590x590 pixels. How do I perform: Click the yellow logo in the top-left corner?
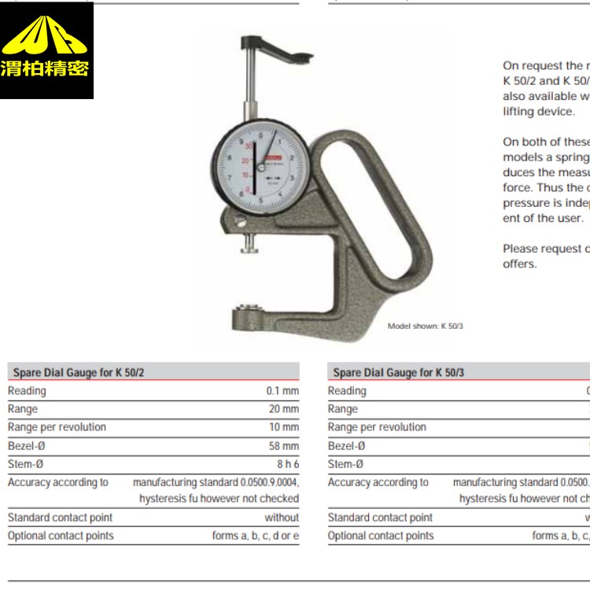pyautogui.click(x=47, y=50)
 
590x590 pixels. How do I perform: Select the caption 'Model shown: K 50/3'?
pyautogui.click(x=426, y=326)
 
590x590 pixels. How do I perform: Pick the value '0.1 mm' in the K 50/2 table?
pyautogui.click(x=282, y=391)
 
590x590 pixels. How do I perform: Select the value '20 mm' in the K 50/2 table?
pyautogui.click(x=284, y=409)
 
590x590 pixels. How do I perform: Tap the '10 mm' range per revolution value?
pyautogui.click(x=284, y=427)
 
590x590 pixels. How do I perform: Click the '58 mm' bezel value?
pyautogui.click(x=284, y=445)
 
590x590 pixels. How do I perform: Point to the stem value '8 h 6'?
pyautogui.click(x=287, y=463)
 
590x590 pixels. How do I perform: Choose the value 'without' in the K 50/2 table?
pyautogui.click(x=282, y=518)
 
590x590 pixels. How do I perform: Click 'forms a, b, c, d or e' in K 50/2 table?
pyautogui.click(x=255, y=536)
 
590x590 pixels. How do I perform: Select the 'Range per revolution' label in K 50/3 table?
pyautogui.click(x=377, y=427)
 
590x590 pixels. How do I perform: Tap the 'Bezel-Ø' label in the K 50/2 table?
pyautogui.click(x=26, y=445)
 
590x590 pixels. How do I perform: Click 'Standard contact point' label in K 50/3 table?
pyautogui.click(x=380, y=518)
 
